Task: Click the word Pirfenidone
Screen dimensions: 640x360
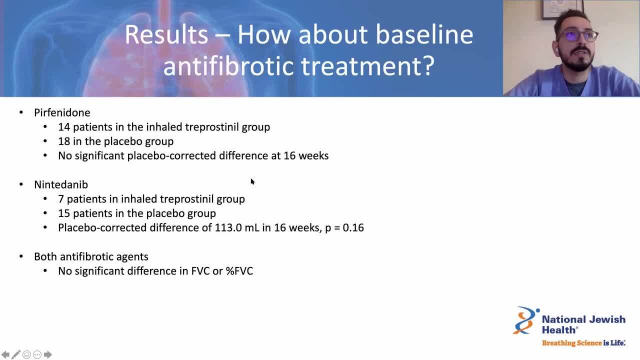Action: coord(62,112)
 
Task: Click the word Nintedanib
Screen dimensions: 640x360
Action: coord(61,184)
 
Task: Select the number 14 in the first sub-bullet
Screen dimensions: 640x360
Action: coord(64,127)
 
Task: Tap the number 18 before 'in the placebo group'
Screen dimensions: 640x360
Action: coord(64,141)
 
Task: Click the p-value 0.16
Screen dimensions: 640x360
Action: coord(353,227)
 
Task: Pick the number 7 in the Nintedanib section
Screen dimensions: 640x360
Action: coord(61,199)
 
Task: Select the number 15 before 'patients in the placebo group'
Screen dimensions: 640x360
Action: coord(64,213)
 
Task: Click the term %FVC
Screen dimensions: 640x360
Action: coord(239,271)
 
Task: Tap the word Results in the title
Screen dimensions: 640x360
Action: coord(166,34)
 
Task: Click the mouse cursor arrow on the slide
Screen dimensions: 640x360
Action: coord(252,181)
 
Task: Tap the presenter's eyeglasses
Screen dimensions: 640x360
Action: coord(577,35)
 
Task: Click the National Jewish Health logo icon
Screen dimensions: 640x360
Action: coord(525,320)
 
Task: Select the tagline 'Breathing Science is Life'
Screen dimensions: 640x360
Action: coord(583,343)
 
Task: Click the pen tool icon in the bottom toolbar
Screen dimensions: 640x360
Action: coord(16,354)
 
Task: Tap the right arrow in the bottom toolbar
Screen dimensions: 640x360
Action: coord(47,354)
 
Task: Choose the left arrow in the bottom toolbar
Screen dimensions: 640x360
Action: coord(5,354)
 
